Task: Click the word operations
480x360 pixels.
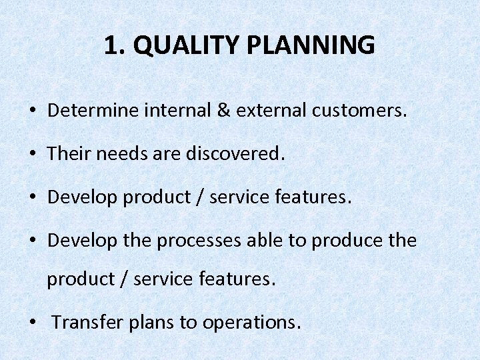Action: pyautogui.click(x=251, y=323)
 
